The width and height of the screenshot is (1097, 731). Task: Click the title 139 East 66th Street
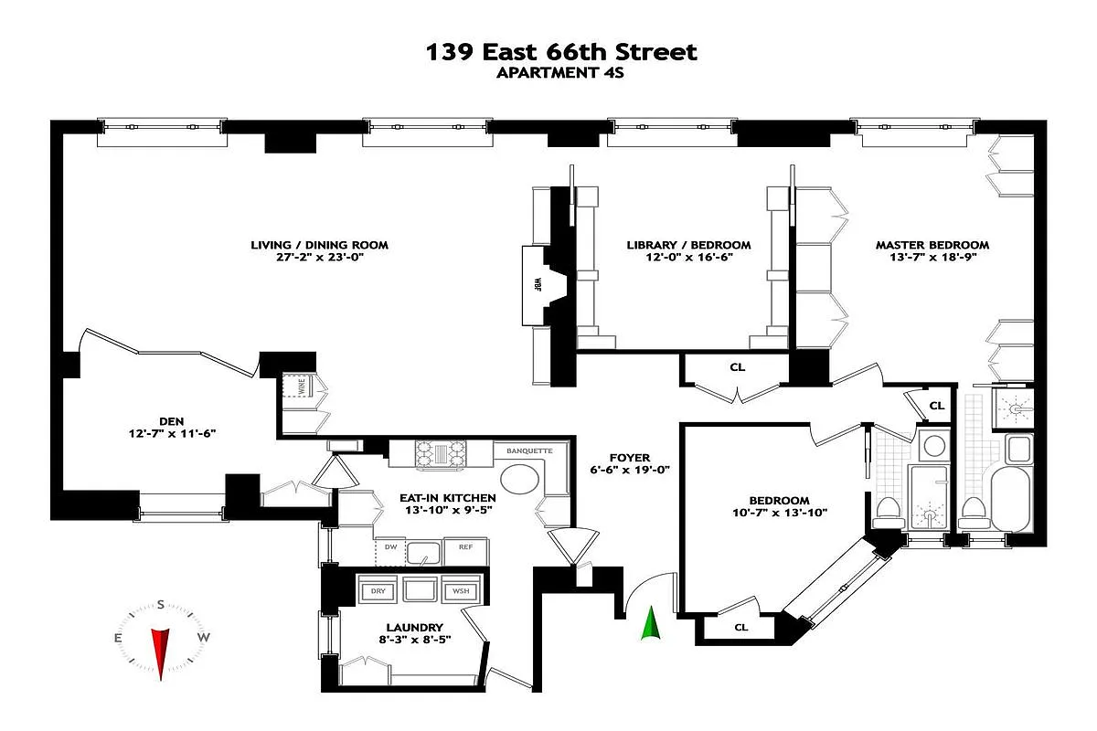(x=561, y=52)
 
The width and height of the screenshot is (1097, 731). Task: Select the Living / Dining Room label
(x=319, y=245)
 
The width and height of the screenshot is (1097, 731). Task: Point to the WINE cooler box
(x=301, y=387)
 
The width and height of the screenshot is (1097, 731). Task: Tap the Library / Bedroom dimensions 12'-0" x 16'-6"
(x=688, y=258)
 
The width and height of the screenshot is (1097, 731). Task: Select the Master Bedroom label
(x=932, y=245)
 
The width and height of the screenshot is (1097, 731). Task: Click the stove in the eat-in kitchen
(x=442, y=454)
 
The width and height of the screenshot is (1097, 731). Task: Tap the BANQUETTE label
(x=523, y=450)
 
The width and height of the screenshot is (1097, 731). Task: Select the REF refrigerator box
(x=465, y=548)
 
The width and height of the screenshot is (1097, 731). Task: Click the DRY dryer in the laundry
(x=378, y=591)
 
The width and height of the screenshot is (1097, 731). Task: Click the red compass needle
(x=161, y=652)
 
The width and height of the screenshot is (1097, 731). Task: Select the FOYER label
(x=630, y=458)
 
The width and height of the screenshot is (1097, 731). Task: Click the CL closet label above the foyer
(x=737, y=368)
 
